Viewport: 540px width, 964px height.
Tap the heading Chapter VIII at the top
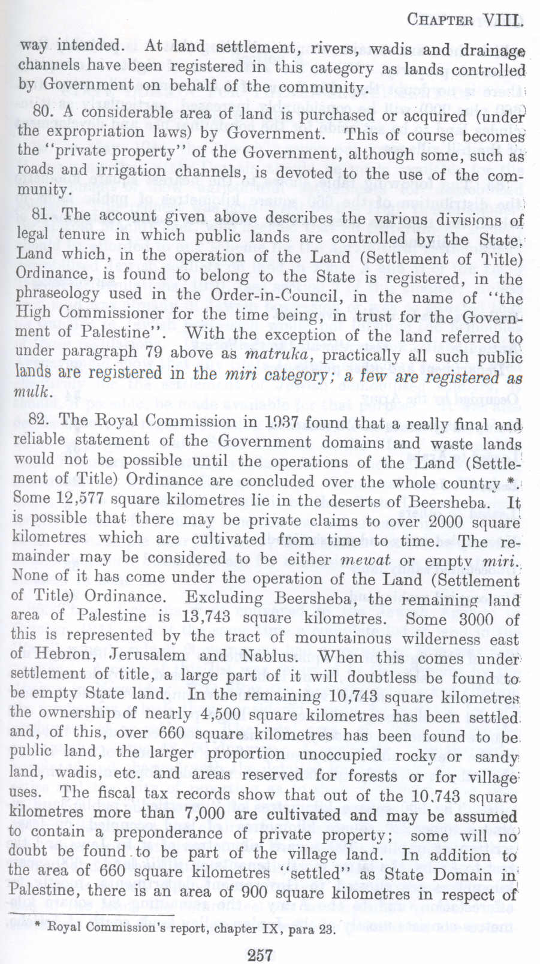(461, 19)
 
